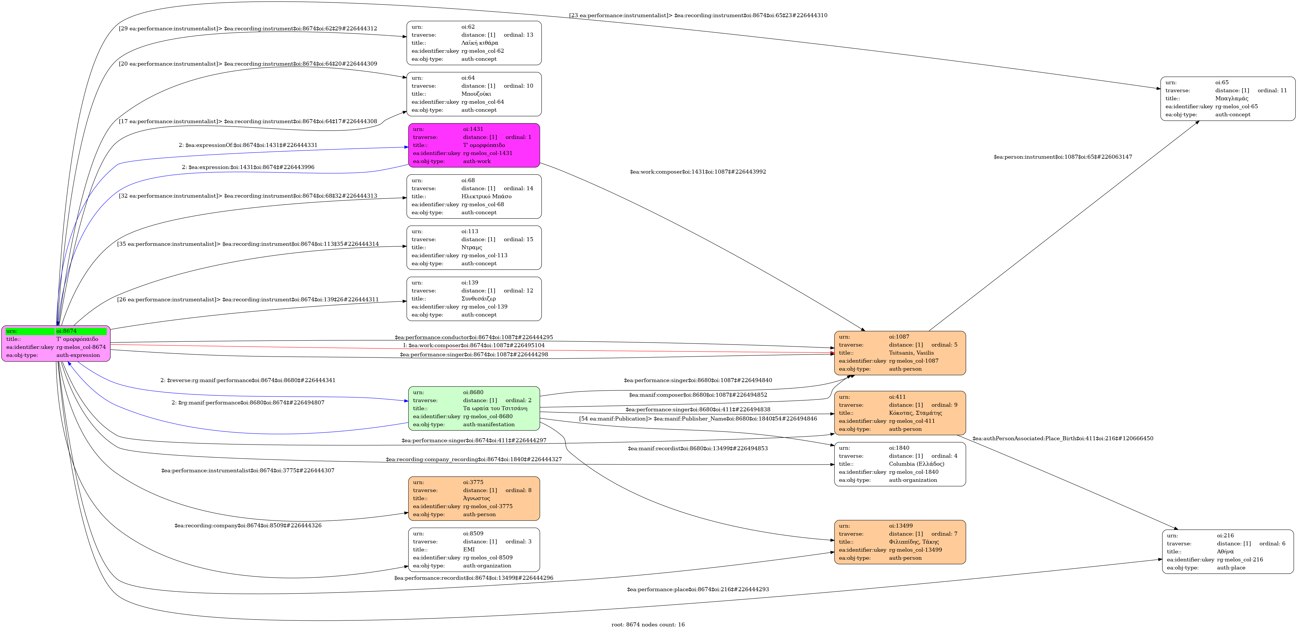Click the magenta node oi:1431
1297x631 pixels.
pyautogui.click(x=474, y=145)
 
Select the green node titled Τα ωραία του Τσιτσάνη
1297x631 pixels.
pyautogui.click(x=474, y=408)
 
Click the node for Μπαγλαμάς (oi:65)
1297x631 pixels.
pyautogui.click(x=1227, y=99)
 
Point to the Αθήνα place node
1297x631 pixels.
pyautogui.click(x=1227, y=551)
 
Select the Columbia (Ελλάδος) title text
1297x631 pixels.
pyautogui.click(x=916, y=464)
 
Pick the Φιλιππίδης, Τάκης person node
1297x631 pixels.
pyautogui.click(x=900, y=542)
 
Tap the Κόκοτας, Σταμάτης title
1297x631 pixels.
pyautogui.click(x=915, y=413)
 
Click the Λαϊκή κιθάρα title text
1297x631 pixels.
pyautogui.click(x=479, y=43)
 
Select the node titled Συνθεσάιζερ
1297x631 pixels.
pyautogui.click(x=474, y=299)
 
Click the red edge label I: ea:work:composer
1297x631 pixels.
pyautogui.click(x=474, y=345)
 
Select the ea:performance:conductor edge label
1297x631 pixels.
pyautogui.click(x=474, y=337)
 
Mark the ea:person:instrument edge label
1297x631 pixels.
pyautogui.click(x=1062, y=157)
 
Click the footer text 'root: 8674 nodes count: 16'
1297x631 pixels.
pyautogui.click(x=648, y=624)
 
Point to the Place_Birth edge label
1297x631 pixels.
pyautogui.click(x=1062, y=439)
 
